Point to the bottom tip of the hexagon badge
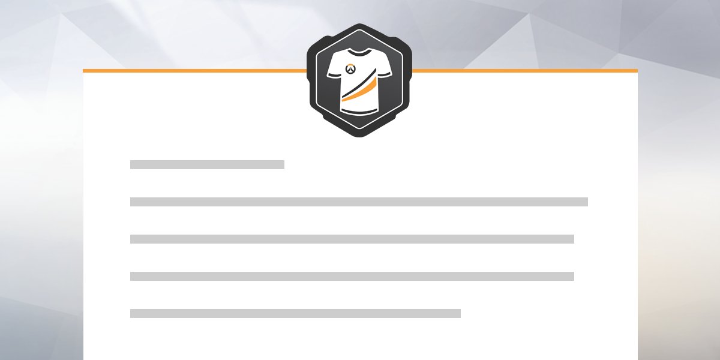(x=360, y=136)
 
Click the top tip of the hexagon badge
(x=360, y=25)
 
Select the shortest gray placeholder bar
(x=207, y=164)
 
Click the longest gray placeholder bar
(x=359, y=202)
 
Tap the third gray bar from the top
(x=352, y=239)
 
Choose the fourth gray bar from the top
(x=352, y=276)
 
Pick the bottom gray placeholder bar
(x=295, y=313)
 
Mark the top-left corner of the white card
(x=83, y=70)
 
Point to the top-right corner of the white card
(x=637, y=70)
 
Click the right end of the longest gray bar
(x=586, y=202)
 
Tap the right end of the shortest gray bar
(x=283, y=164)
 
